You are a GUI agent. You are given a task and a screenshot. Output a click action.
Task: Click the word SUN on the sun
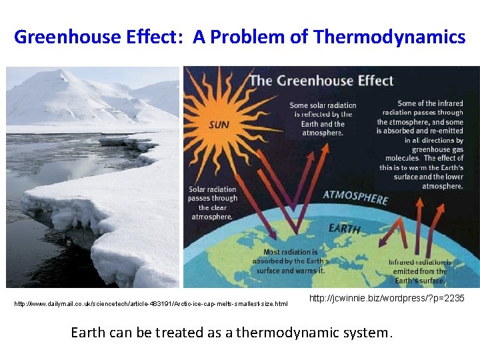(219, 125)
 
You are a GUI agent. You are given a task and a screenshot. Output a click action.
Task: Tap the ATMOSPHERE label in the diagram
(355, 198)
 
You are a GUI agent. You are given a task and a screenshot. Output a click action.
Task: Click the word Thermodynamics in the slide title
(389, 37)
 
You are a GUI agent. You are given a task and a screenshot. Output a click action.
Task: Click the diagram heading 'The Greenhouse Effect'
(321, 81)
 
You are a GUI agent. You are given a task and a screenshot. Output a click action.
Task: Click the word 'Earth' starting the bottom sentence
(88, 332)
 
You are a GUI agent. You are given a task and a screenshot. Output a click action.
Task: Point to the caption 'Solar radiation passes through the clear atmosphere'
(212, 203)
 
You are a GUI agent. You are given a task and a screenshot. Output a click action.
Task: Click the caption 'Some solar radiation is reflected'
(322, 119)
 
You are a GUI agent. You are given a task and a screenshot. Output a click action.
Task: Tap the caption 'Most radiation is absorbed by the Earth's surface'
(290, 261)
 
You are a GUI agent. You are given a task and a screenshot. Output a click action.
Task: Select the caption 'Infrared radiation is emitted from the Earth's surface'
(420, 271)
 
